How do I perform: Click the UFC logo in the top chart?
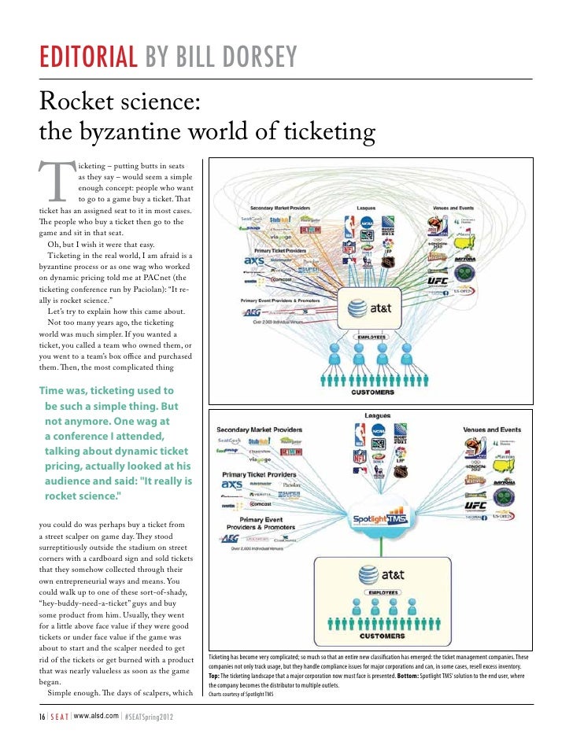click(x=438, y=280)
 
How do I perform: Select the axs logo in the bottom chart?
click(x=233, y=486)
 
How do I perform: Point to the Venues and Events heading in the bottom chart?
click(x=493, y=429)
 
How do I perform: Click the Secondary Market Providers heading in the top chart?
click(x=279, y=208)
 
